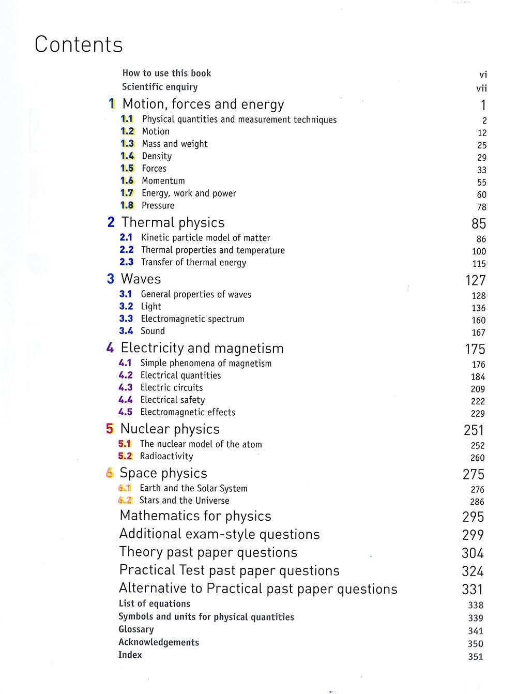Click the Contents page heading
tap(79, 45)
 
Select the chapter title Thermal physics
tap(173, 223)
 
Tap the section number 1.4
tap(127, 156)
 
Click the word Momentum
tap(163, 181)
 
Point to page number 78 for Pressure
tap(482, 207)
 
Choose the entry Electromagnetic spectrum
tap(192, 319)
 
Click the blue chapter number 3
tap(111, 279)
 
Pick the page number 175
tap(475, 350)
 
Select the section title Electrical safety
tap(173, 400)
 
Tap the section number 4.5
tap(125, 412)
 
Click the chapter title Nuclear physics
tap(170, 429)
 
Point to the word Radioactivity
tap(166, 457)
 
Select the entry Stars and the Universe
tap(184, 501)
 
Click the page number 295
tap(473, 517)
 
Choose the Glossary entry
tap(136, 629)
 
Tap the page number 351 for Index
tap(475, 657)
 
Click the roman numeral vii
tap(481, 88)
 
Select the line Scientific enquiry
tap(160, 87)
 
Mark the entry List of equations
tap(154, 604)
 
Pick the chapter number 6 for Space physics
tap(110, 473)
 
